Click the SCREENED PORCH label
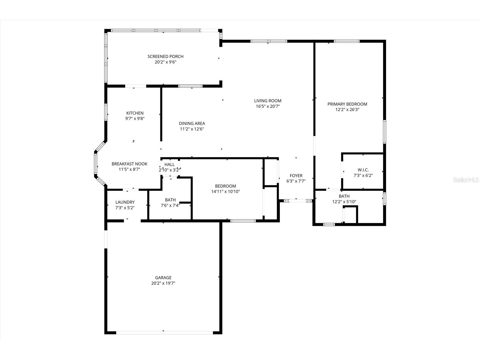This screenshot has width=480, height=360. point(165,57)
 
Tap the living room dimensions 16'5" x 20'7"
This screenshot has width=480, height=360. point(268,106)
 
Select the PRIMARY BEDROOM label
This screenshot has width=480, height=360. point(347,104)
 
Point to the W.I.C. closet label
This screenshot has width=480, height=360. point(363,170)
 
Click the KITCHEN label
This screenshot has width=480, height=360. point(135,113)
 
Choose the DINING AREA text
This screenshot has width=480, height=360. point(192,123)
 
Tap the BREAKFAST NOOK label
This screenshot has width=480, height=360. point(129,164)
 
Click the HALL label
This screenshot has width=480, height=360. point(169,164)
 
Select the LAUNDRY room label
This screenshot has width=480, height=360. point(125,202)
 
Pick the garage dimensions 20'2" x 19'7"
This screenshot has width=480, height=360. point(163,283)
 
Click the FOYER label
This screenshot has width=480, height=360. point(296,176)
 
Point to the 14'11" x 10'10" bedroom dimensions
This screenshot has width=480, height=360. point(225,192)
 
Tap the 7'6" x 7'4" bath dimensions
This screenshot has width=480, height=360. point(170,205)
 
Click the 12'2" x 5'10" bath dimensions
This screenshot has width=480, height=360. point(344,202)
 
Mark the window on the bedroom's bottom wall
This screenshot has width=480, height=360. point(243,221)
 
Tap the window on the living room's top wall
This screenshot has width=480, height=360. point(269,41)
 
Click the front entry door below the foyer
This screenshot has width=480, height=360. point(296,201)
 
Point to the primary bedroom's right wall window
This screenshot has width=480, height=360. point(384,132)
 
